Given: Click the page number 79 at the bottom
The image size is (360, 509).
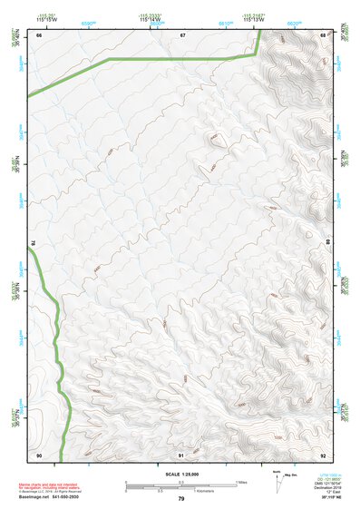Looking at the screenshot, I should coord(181,499).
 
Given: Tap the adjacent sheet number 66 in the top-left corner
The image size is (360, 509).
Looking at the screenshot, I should coord(39,34).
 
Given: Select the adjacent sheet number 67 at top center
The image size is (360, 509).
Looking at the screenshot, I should coord(181,34).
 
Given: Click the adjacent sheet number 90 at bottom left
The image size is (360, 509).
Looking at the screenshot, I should coord(39,455).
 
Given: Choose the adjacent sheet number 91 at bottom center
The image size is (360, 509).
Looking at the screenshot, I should coord(181,455).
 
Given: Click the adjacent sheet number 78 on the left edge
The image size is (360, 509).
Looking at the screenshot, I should coord(32,243).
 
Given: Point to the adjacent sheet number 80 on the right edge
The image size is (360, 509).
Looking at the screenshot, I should coord(329,243).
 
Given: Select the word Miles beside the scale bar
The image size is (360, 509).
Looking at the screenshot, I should coord(239,482).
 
